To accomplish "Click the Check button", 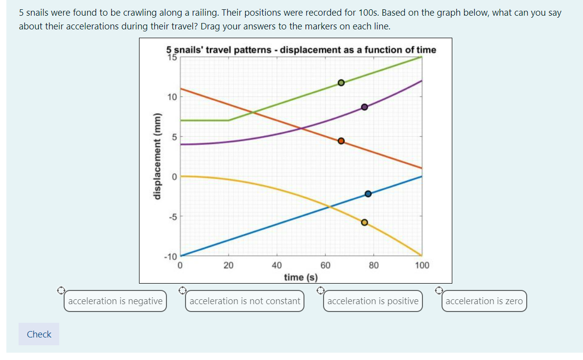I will click(x=39, y=334).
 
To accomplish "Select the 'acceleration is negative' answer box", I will click(x=115, y=301).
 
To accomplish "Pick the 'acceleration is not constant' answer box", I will click(x=245, y=301).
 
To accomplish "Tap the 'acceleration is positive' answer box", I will click(x=373, y=301).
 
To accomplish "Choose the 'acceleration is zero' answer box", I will click(x=484, y=301).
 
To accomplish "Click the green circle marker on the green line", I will click(x=341, y=83).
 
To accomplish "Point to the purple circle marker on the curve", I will click(x=364, y=107).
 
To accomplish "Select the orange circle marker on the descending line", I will click(x=341, y=141).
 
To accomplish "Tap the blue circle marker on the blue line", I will click(x=368, y=194).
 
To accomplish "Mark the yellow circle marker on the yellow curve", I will click(x=364, y=222).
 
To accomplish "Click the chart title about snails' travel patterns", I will click(x=301, y=49).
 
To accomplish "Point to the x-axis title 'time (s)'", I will click(x=301, y=277).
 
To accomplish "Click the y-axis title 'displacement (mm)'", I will click(x=157, y=156).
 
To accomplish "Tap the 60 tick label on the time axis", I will click(x=325, y=265).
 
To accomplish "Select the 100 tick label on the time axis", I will click(x=421, y=265).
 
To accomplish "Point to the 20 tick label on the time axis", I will click(x=228, y=265).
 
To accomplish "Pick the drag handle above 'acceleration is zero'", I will click(x=440, y=290).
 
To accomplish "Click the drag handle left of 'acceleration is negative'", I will click(x=60, y=290).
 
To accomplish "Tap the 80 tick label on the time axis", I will click(x=373, y=265).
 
